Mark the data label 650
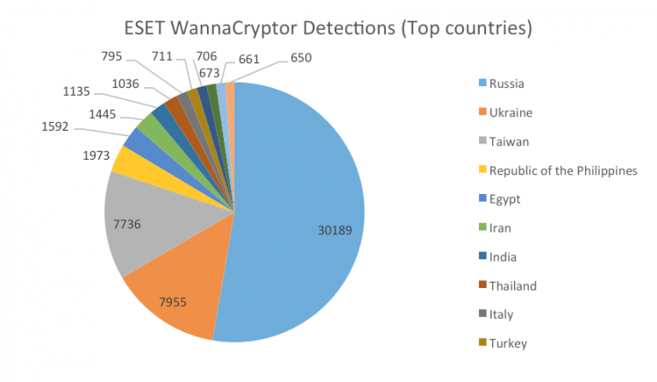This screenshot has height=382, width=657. [301, 58]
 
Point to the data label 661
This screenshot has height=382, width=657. [250, 58]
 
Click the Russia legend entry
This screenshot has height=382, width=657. [508, 84]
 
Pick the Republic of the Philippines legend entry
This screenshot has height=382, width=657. [564, 171]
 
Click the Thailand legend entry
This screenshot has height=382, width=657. [514, 285]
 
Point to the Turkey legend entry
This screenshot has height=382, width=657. [509, 344]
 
